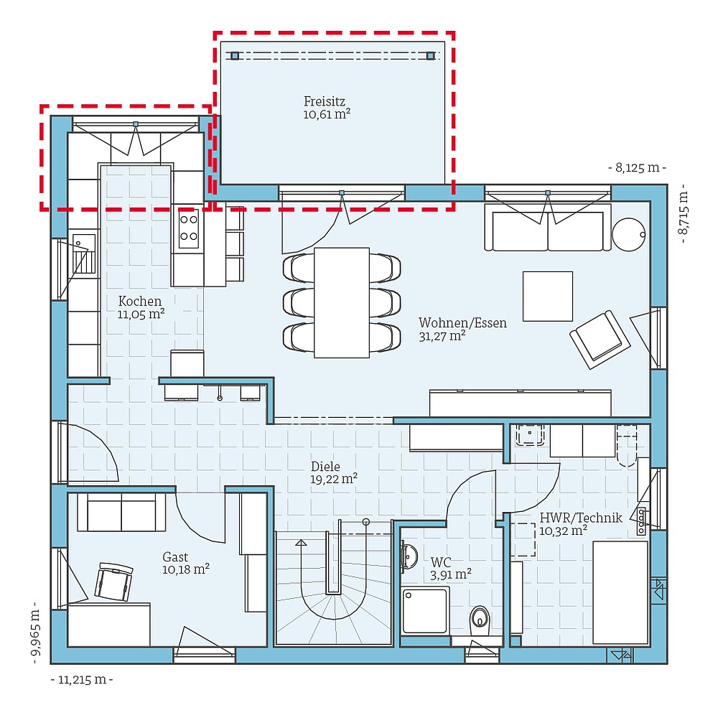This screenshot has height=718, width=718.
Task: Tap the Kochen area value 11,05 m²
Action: [x=141, y=314]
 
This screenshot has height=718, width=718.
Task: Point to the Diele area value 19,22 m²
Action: [x=334, y=478]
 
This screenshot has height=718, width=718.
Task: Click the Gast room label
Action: [x=175, y=557]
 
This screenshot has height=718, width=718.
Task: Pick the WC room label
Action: [x=441, y=561]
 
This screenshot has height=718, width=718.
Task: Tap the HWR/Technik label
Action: [x=571, y=518]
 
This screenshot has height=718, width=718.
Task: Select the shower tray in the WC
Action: [x=425, y=610]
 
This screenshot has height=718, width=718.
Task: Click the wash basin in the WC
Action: [x=409, y=556]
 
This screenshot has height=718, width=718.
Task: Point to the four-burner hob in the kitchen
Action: [x=188, y=228]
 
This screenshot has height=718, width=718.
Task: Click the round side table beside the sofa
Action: [x=629, y=233]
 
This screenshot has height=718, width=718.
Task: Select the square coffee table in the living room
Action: [x=547, y=296]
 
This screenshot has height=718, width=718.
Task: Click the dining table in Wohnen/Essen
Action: [x=341, y=302]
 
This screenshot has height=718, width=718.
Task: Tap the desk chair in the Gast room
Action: [x=115, y=580]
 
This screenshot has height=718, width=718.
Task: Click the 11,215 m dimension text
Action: [x=82, y=679]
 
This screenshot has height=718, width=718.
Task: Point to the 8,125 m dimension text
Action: [x=636, y=168]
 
